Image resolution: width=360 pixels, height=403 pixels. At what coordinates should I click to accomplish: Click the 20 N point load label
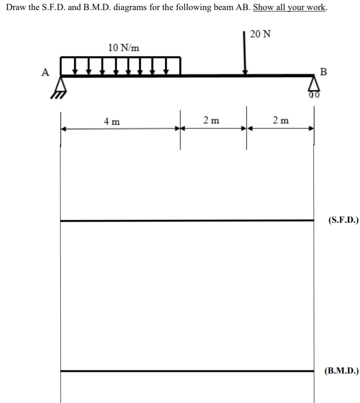click(261, 34)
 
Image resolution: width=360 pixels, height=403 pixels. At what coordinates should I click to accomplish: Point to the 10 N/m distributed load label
click(124, 48)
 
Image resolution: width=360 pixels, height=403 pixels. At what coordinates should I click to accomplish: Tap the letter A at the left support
click(45, 72)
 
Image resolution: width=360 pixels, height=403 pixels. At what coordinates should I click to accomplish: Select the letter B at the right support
click(324, 72)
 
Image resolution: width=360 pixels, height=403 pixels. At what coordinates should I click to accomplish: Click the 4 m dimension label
click(112, 121)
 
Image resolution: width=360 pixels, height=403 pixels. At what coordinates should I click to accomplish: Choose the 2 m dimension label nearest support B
click(280, 120)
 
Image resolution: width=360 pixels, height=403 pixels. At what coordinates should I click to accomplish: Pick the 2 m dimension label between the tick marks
click(211, 120)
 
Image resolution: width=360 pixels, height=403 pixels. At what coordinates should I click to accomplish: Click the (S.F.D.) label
click(343, 220)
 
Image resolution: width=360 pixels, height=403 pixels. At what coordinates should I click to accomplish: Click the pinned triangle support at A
click(61, 84)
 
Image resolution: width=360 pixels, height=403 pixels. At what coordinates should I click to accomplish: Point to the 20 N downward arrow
click(246, 53)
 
